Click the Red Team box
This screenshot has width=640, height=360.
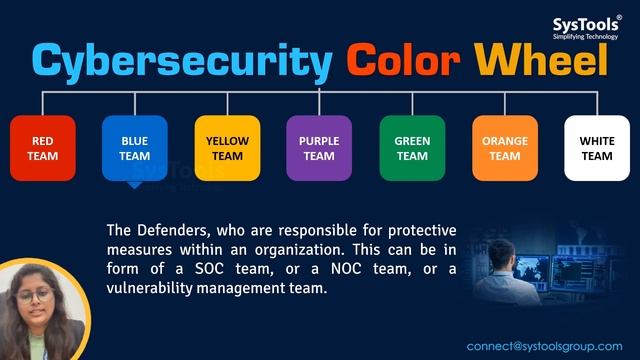[x=43, y=148]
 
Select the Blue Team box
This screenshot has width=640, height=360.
[x=135, y=148]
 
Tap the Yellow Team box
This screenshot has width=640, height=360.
[x=227, y=148]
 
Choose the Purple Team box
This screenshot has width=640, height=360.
[x=319, y=148]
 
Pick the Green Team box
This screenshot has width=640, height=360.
[x=412, y=148]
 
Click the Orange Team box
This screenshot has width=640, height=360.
[x=505, y=148]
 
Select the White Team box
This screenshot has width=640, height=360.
[x=597, y=148]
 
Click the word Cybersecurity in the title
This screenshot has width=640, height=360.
[x=181, y=61]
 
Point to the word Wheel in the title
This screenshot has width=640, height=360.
[x=540, y=61]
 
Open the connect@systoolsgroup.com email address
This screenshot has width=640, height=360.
[x=544, y=346]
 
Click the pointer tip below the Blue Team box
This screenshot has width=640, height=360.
[x=135, y=186]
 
